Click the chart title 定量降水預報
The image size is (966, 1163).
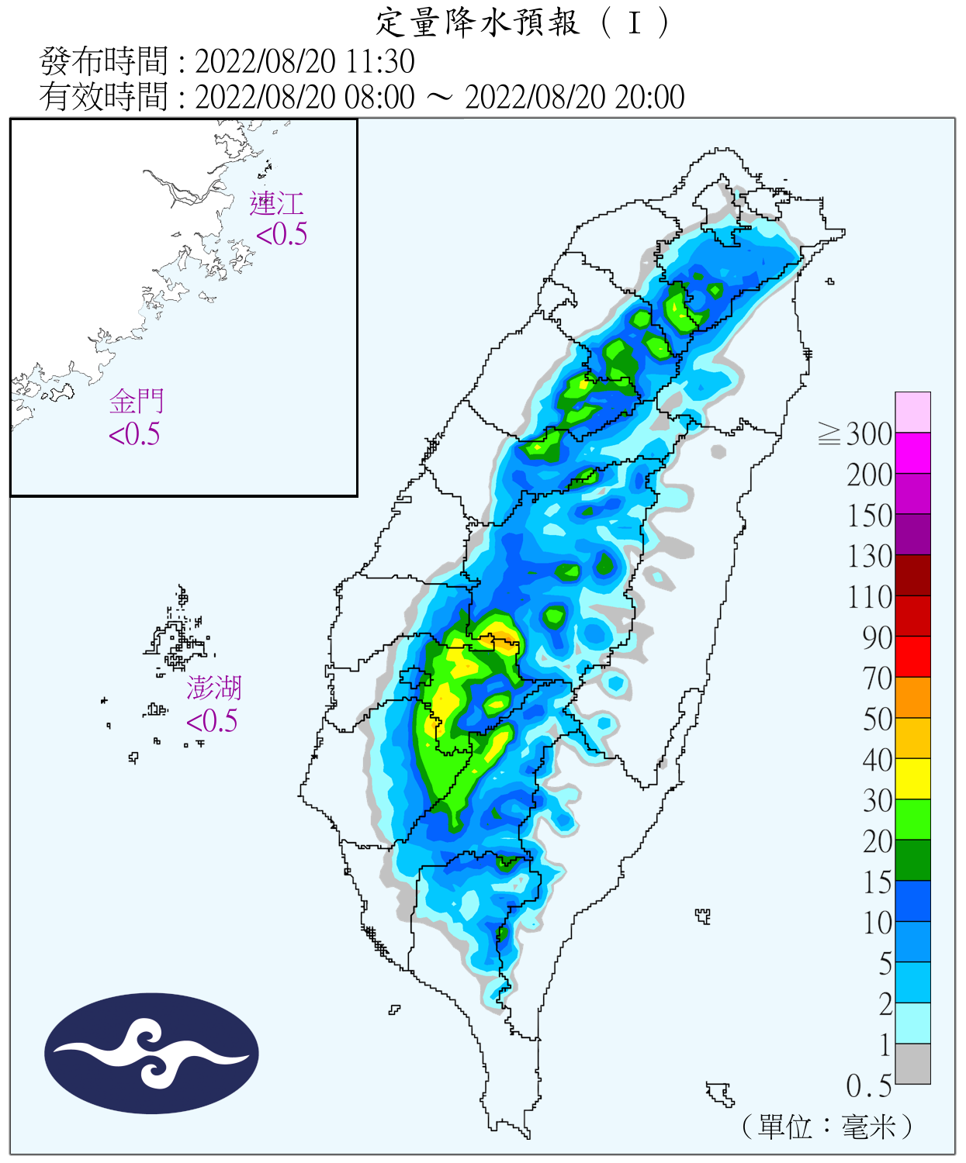(477, 22)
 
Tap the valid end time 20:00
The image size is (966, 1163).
(649, 97)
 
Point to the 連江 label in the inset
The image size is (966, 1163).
(276, 204)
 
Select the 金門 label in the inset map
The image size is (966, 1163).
(137, 402)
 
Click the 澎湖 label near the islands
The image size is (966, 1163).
(214, 688)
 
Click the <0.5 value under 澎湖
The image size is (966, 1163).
(212, 721)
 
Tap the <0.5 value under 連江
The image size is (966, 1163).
(282, 234)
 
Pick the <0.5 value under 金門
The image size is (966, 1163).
(134, 434)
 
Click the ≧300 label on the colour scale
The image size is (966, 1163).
(855, 434)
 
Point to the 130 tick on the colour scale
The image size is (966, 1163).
(869, 556)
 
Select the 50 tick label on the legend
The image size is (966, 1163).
(878, 719)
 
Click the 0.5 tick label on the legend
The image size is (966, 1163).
(869, 1085)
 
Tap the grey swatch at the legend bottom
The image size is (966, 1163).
(912, 1063)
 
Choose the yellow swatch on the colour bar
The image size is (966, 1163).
(912, 778)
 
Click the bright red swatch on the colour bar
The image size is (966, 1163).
(912, 656)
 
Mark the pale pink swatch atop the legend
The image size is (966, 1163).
(912, 412)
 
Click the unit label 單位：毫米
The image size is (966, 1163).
(827, 1126)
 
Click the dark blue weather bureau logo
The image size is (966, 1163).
(151, 1054)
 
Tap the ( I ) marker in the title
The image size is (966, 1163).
(635, 22)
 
